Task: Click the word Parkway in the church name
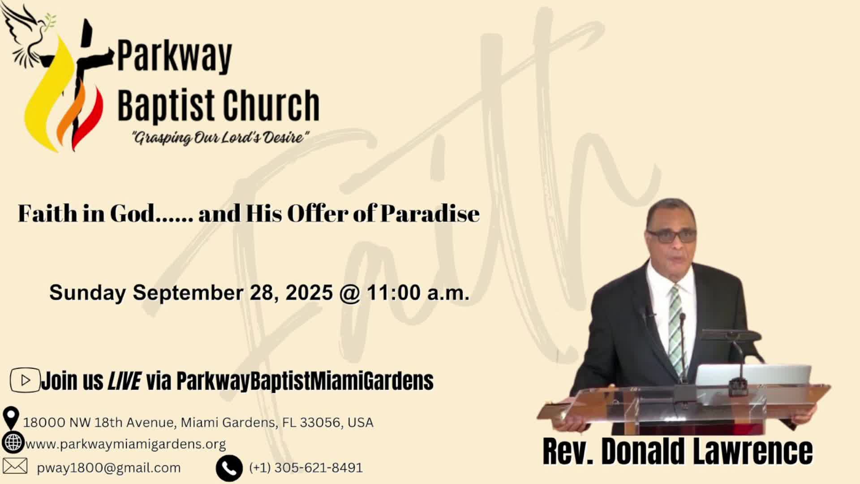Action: point(175,56)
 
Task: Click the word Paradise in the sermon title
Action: point(430,213)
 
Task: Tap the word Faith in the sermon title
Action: point(47,213)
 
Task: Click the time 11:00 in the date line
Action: point(394,293)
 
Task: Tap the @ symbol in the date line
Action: point(350,294)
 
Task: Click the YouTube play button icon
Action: point(25,380)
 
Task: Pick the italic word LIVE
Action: point(125,381)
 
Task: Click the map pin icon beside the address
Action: point(11,418)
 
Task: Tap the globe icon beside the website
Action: point(13,443)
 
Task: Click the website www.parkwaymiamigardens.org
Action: point(126,445)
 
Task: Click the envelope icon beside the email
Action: point(15,466)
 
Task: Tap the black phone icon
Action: point(229,468)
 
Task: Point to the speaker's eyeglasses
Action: point(671,236)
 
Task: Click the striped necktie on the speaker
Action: point(676,332)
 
